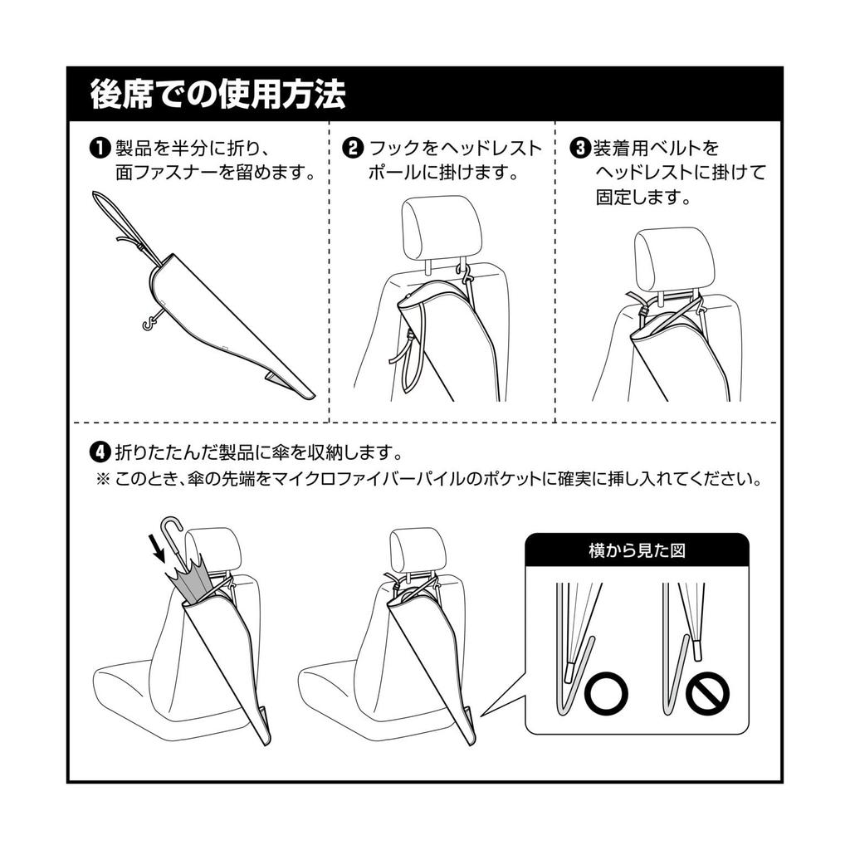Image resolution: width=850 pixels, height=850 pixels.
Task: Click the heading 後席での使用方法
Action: click(x=218, y=94)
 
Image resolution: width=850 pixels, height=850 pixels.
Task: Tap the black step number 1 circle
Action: click(x=100, y=148)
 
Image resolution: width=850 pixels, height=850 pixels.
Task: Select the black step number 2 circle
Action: click(x=353, y=148)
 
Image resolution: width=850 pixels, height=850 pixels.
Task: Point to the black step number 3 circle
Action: click(x=580, y=148)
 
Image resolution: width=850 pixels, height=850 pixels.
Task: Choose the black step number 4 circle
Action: click(x=100, y=452)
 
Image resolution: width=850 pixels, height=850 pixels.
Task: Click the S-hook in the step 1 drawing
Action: click(x=152, y=321)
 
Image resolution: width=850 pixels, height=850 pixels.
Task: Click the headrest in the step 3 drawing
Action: click(x=674, y=259)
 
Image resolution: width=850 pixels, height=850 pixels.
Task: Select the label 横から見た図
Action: click(x=637, y=551)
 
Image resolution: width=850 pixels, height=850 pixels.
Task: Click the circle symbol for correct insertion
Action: click(x=606, y=693)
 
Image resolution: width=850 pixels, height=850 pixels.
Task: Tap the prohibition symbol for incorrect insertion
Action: click(x=707, y=693)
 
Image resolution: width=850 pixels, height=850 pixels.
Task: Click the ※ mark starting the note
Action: click(x=102, y=479)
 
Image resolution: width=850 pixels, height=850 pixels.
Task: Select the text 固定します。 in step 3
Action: click(x=643, y=198)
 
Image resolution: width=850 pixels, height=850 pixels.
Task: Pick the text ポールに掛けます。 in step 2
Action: click(x=443, y=173)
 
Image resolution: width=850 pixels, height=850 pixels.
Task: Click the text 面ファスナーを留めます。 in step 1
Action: click(x=215, y=173)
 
